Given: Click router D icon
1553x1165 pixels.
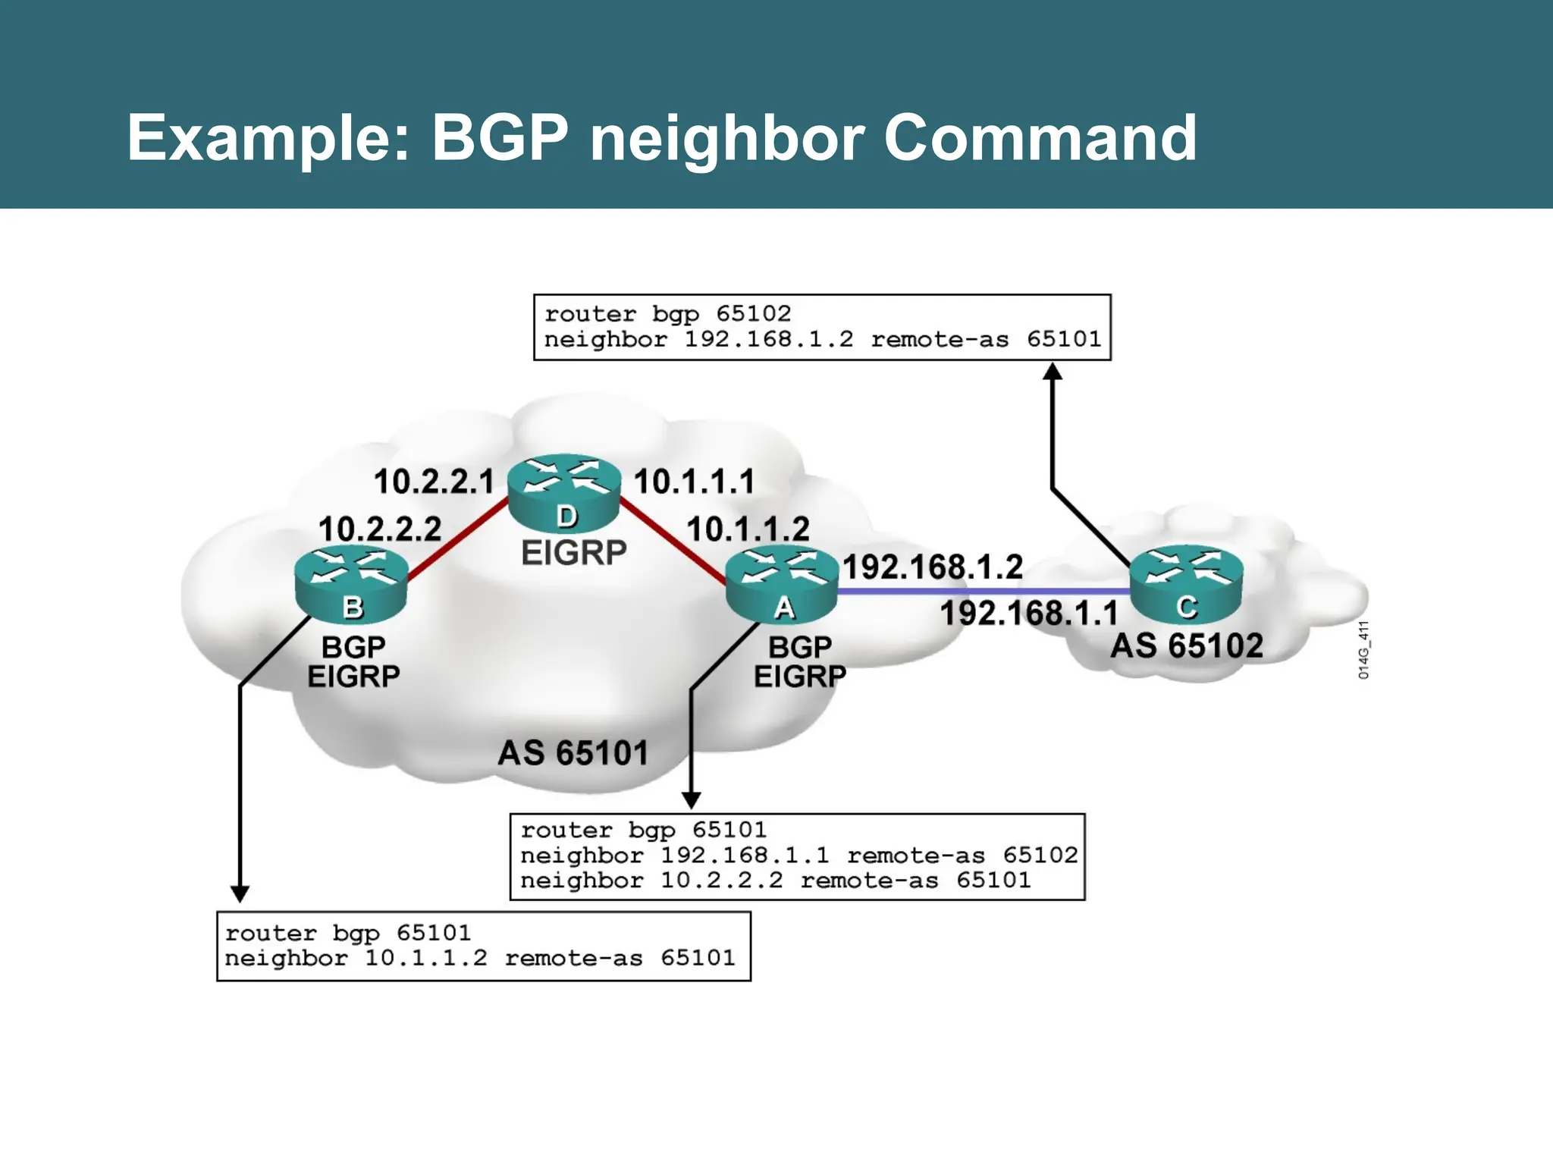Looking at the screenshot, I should (563, 493).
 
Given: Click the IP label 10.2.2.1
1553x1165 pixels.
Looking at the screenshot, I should (433, 482).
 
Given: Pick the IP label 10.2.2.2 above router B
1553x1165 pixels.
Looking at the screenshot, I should (379, 529).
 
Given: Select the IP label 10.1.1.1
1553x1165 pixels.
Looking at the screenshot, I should (694, 482).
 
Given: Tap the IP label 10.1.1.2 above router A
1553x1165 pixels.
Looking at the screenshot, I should (748, 529).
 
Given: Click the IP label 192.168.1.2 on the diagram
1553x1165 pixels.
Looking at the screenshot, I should (933, 567).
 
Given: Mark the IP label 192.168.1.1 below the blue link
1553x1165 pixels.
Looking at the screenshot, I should (1028, 613).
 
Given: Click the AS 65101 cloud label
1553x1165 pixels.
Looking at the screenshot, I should (573, 753).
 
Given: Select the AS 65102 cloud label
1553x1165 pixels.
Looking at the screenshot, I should (1187, 646).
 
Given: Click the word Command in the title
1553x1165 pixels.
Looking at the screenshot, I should (1040, 138).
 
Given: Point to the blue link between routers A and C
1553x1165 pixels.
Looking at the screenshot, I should (983, 590).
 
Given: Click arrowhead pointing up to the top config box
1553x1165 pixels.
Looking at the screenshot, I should (1053, 371).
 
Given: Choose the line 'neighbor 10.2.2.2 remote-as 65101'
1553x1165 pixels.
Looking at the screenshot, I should (775, 881).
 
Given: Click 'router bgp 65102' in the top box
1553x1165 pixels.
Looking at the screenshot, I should (667, 313).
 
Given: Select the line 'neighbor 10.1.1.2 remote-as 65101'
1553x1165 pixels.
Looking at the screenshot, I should (479, 958).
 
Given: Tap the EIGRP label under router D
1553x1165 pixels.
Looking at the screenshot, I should (573, 553).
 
